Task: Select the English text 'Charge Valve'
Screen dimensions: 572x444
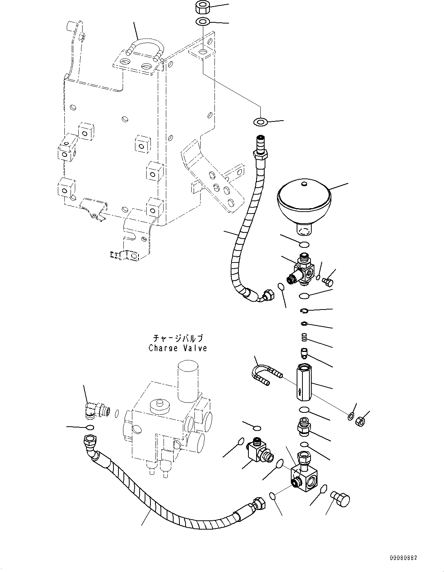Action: [178, 348]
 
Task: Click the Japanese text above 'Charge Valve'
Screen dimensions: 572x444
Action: [178, 338]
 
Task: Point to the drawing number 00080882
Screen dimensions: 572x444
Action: [403, 558]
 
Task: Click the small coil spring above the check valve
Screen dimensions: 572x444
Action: [304, 338]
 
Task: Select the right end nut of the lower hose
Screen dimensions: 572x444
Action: [257, 503]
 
